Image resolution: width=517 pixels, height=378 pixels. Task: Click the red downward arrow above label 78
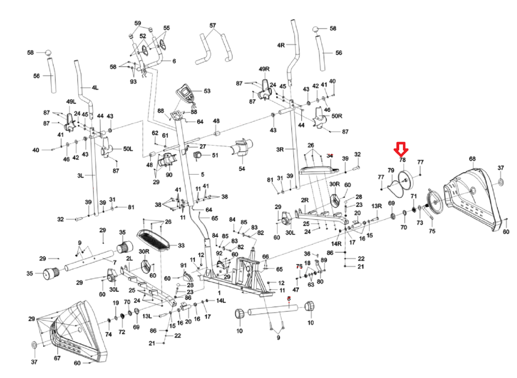401,149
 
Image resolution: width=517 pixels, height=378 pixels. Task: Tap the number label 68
472,159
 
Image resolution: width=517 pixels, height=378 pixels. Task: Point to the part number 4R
281,45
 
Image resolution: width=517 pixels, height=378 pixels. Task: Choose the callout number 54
242,169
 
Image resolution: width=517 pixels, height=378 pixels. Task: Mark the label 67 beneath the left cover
57,358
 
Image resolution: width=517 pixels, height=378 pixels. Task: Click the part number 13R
376,206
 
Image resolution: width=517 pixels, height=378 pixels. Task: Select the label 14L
221,301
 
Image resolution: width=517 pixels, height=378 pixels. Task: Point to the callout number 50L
128,149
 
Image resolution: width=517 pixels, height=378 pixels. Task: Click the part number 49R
264,69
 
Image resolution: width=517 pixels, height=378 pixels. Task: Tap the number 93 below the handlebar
133,82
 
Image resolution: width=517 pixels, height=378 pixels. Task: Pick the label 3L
80,176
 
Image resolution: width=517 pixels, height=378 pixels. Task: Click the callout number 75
432,231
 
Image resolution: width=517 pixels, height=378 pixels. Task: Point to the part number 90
169,175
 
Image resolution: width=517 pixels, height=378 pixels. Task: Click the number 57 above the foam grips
213,25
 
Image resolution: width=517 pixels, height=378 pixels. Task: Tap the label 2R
305,200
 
